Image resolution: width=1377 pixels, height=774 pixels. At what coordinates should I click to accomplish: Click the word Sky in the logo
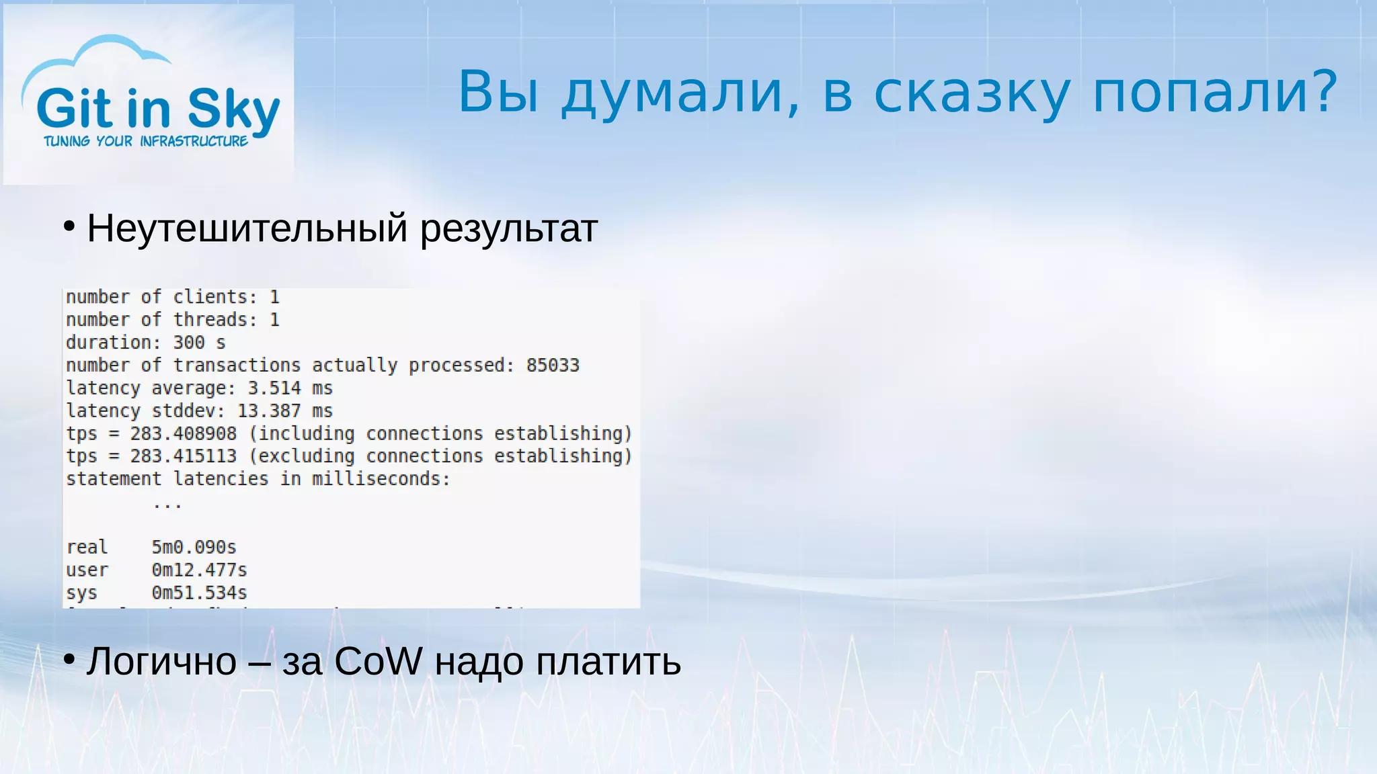[233, 109]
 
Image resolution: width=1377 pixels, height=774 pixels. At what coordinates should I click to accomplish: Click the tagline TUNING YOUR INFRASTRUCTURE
[146, 141]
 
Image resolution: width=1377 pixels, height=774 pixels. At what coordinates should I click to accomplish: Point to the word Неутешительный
[247, 228]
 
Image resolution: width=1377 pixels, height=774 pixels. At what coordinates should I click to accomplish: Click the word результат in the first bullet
[508, 230]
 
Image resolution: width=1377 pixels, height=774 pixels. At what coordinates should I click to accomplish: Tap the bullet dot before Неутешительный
[69, 227]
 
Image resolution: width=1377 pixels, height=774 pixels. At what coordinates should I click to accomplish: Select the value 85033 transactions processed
[552, 365]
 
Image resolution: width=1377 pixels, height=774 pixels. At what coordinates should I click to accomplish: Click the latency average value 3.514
[274, 388]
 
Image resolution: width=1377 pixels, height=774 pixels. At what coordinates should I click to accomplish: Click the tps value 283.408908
[183, 434]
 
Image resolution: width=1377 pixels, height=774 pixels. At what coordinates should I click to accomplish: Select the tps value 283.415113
[183, 456]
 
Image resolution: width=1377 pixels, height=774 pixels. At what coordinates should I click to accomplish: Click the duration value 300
[188, 343]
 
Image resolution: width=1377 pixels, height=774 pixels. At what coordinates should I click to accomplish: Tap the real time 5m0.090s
[194, 548]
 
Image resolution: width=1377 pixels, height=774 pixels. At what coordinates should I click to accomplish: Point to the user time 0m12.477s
[199, 570]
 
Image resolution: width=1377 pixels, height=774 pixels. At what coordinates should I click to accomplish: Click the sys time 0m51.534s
[199, 593]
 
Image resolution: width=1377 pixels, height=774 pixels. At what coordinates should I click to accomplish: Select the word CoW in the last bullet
[378, 662]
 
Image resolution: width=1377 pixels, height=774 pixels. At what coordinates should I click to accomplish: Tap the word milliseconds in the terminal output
[380, 479]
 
